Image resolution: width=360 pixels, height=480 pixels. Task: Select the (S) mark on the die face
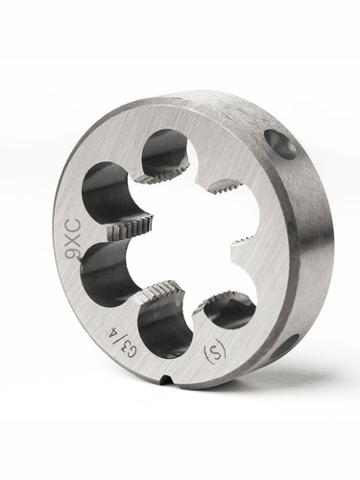tap(214, 351)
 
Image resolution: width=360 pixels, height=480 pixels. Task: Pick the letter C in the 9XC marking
tap(70, 226)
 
